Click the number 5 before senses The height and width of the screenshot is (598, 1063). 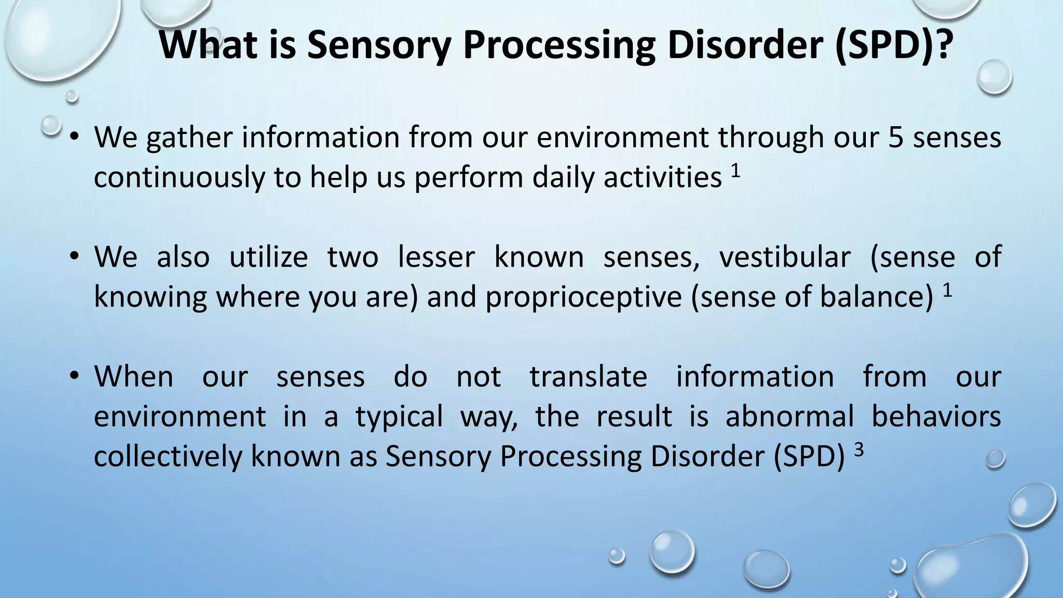(896, 138)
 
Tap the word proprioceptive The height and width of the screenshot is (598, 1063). (583, 297)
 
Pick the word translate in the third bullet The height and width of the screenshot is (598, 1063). (588, 376)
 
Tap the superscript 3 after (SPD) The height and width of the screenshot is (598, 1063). (859, 450)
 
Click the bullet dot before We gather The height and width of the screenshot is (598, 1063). (75, 138)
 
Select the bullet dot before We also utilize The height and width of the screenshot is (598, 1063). (75, 257)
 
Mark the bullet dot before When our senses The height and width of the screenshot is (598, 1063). (75, 376)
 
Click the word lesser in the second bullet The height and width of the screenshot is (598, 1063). (436, 257)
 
